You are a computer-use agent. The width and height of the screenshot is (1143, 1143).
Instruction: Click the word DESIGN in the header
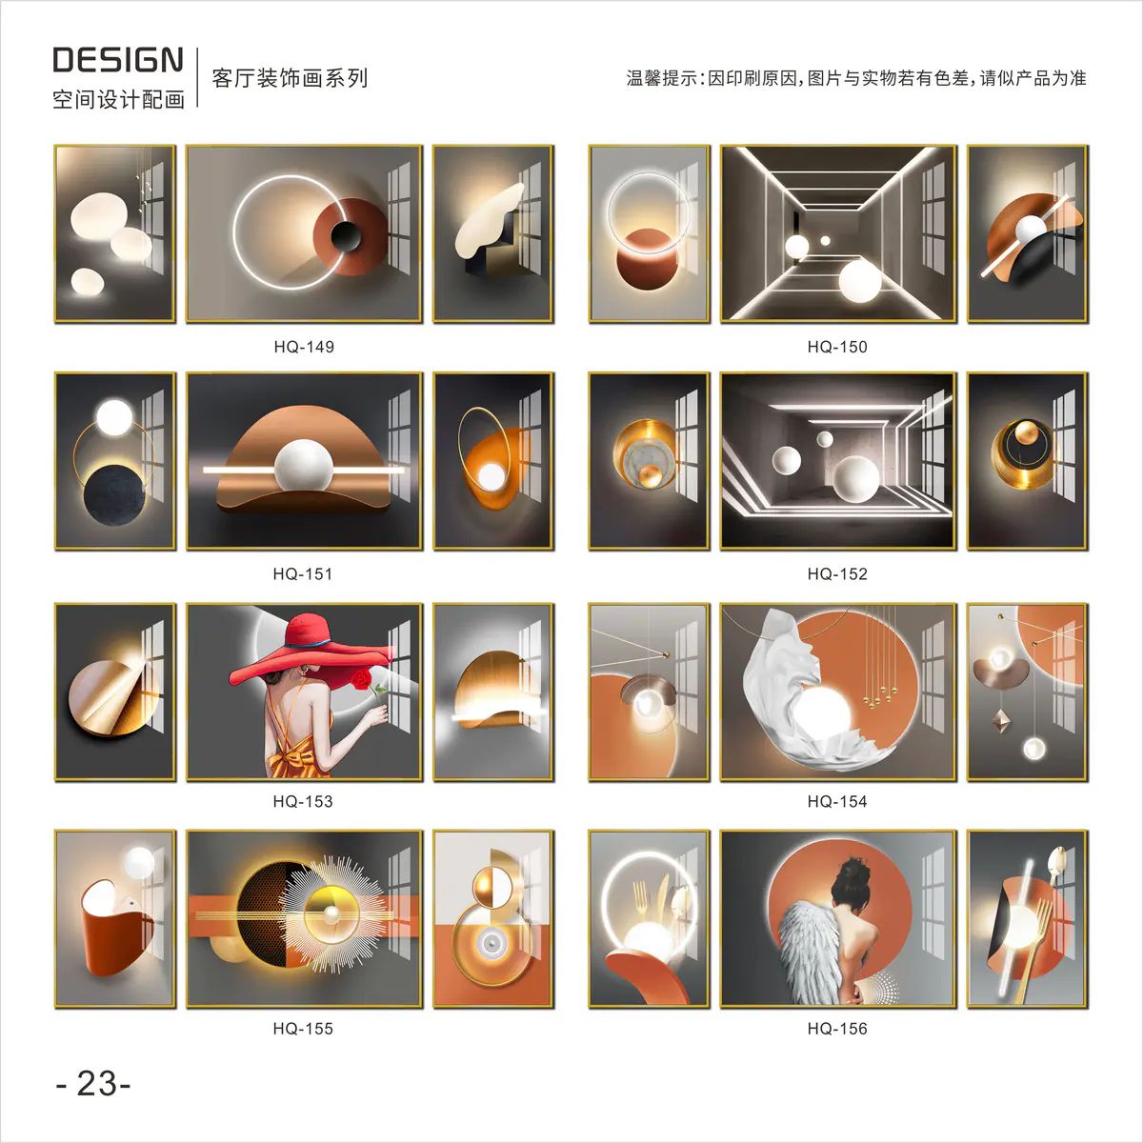(118, 60)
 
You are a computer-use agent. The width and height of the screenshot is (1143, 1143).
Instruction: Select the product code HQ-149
(304, 347)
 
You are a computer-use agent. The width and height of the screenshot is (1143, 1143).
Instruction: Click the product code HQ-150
(837, 347)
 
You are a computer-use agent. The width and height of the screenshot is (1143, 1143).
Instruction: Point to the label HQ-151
(303, 574)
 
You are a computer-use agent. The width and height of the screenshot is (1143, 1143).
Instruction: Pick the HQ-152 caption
(837, 574)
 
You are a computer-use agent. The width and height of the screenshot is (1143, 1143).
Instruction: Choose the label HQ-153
(303, 802)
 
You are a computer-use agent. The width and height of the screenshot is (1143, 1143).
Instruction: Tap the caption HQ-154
(837, 802)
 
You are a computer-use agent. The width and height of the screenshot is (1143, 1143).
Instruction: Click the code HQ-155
(303, 1029)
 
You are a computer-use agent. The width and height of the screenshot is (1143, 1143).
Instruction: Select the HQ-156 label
(837, 1029)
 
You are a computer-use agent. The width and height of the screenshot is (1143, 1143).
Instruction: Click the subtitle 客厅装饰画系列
(291, 78)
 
